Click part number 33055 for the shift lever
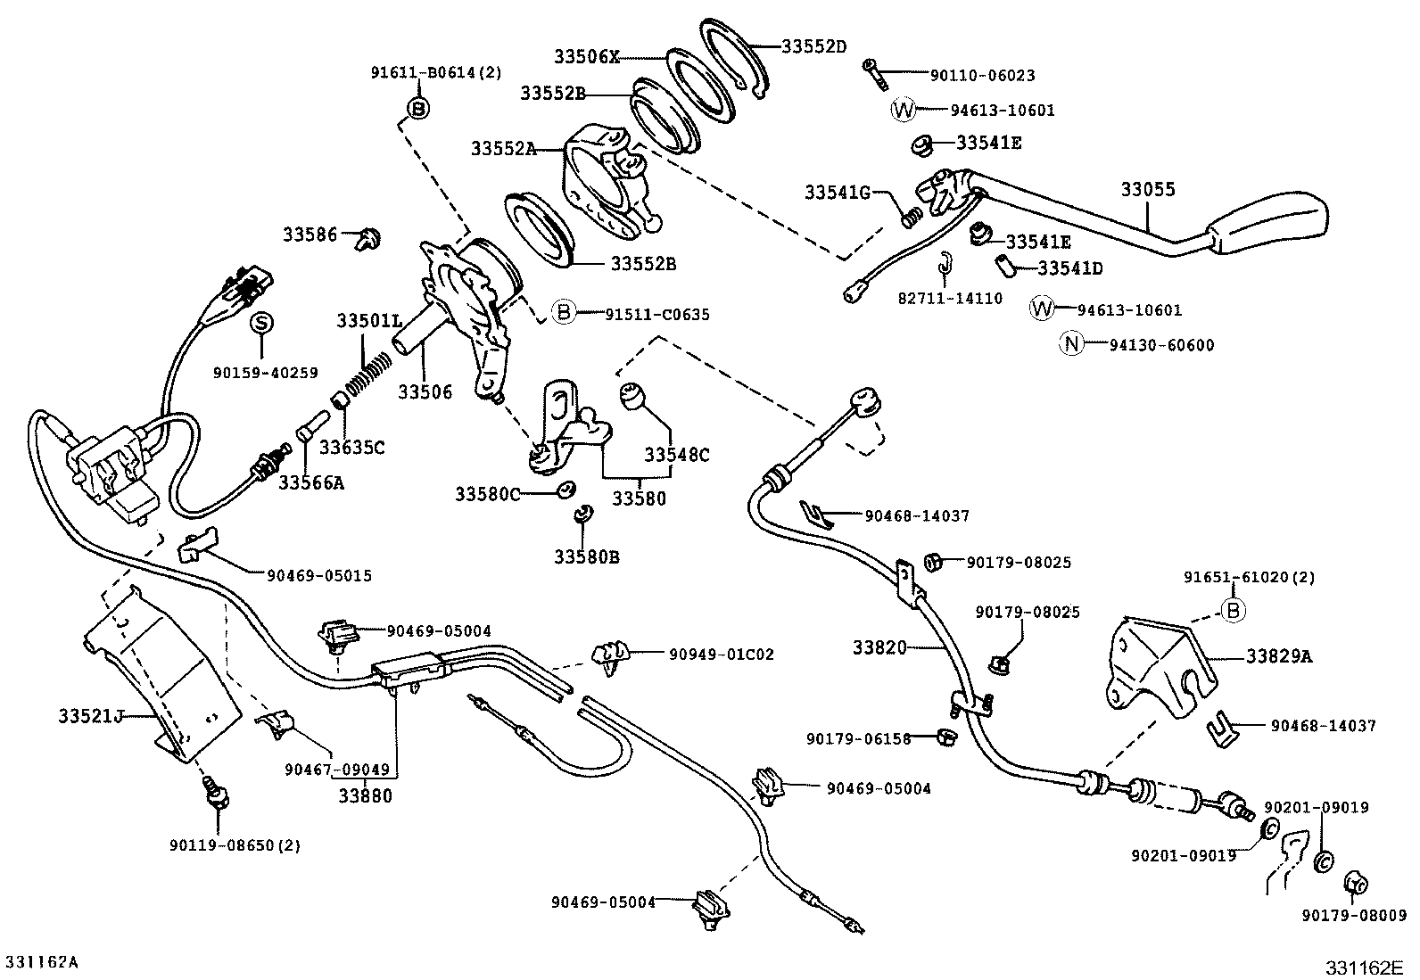1148,189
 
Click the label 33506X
586,56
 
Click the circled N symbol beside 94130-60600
1070,344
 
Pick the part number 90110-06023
982,77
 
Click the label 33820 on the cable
879,647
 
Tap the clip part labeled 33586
367,238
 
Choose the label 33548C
677,455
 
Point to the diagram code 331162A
43,962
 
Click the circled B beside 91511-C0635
563,313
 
